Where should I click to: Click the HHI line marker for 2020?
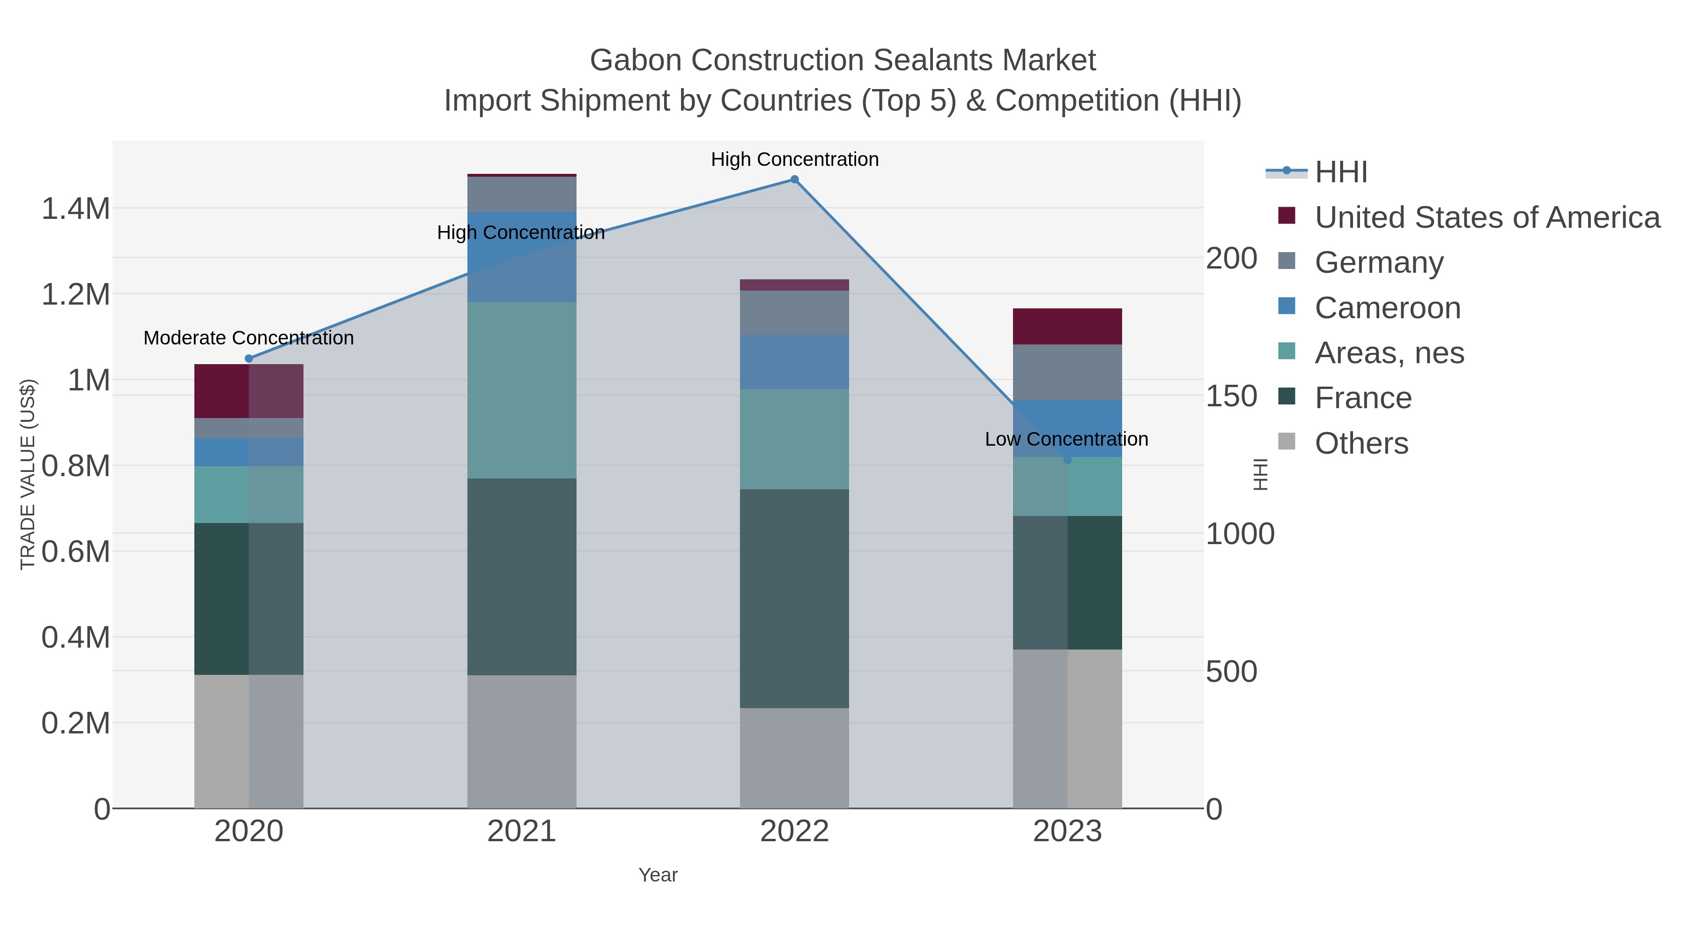[x=249, y=358]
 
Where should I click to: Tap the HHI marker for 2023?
[x=1067, y=460]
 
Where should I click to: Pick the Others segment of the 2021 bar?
[x=522, y=741]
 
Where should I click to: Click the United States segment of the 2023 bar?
[x=1067, y=326]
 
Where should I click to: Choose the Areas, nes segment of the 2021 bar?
[x=522, y=390]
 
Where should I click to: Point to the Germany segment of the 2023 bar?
[x=1067, y=372]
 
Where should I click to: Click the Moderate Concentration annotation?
[x=249, y=338]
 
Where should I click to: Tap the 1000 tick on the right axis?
[x=1240, y=534]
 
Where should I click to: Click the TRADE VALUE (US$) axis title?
[x=28, y=474]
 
